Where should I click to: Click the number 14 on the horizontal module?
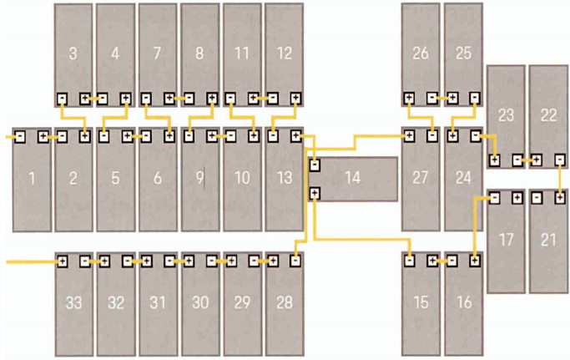click(352, 177)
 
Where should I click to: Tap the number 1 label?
click(32, 177)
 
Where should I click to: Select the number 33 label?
click(73, 302)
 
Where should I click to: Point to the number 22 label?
click(548, 115)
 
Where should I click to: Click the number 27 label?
click(421, 177)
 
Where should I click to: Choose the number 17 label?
click(506, 240)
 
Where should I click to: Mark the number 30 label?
click(200, 302)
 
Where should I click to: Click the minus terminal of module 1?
click(20, 136)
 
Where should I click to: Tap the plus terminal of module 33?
click(62, 261)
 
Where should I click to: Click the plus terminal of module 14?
click(315, 194)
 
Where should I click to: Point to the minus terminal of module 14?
click(315, 165)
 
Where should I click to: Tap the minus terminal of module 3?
click(62, 99)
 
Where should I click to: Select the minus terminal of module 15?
click(409, 261)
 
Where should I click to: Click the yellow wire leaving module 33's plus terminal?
click(29, 261)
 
